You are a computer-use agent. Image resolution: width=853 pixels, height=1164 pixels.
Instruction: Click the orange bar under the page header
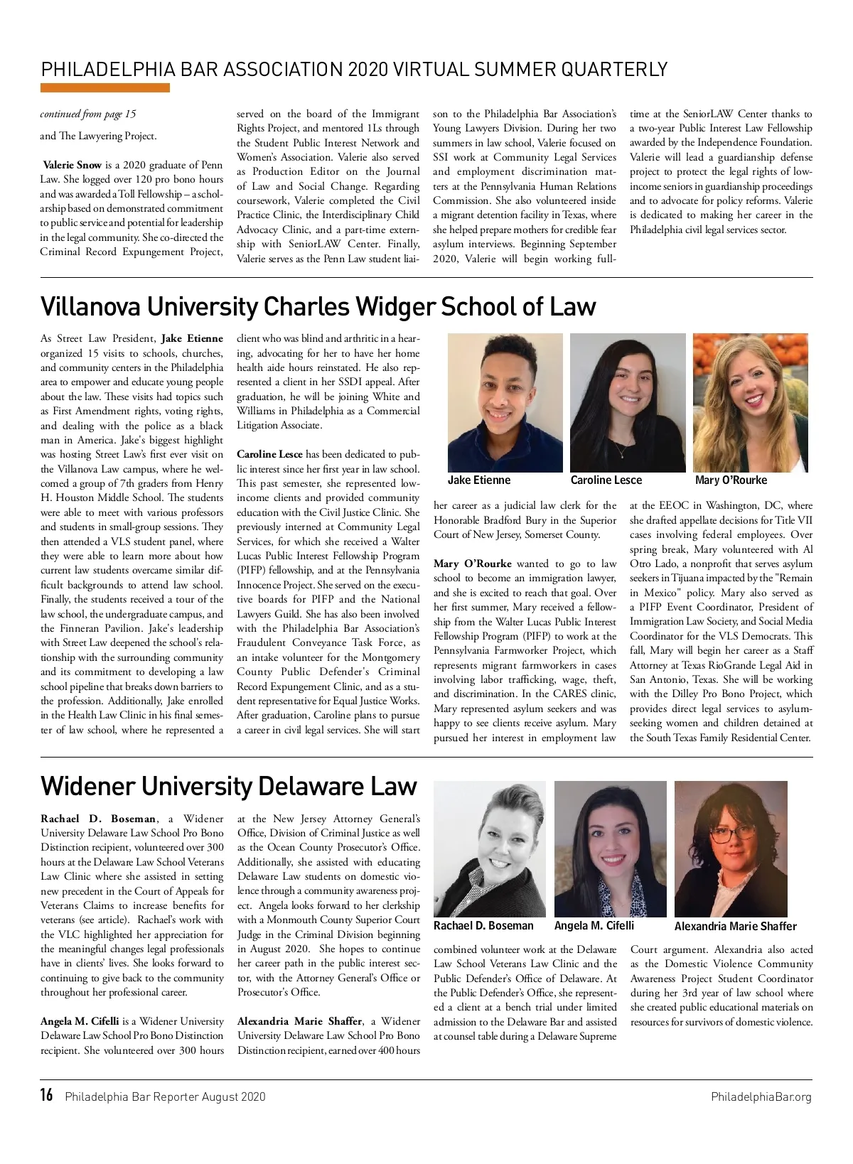105,88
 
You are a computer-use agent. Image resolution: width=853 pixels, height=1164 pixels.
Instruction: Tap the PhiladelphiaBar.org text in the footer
761,1096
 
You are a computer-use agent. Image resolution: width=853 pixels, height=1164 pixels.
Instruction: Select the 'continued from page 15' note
88,114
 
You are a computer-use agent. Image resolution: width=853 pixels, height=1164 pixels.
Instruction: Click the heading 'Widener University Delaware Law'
228,786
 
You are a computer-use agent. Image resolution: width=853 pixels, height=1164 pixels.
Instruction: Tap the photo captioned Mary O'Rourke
750,403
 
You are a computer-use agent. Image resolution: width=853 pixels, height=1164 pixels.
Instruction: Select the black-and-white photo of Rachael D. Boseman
489,848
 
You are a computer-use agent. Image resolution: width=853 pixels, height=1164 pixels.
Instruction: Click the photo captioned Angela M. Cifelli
610,848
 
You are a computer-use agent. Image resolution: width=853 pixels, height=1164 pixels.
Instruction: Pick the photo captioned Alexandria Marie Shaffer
731,848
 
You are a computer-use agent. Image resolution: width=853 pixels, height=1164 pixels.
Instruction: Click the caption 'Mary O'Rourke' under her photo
731,480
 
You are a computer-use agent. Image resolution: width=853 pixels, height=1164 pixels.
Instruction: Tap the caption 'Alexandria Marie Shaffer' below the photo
735,926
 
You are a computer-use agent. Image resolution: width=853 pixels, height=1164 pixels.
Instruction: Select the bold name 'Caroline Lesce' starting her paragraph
269,454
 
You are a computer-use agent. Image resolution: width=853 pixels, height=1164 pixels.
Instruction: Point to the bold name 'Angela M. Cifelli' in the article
80,1021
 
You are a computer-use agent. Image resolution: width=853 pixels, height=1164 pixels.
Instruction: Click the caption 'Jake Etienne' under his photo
479,480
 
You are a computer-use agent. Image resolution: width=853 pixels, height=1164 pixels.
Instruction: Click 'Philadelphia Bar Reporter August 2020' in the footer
165,1096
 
